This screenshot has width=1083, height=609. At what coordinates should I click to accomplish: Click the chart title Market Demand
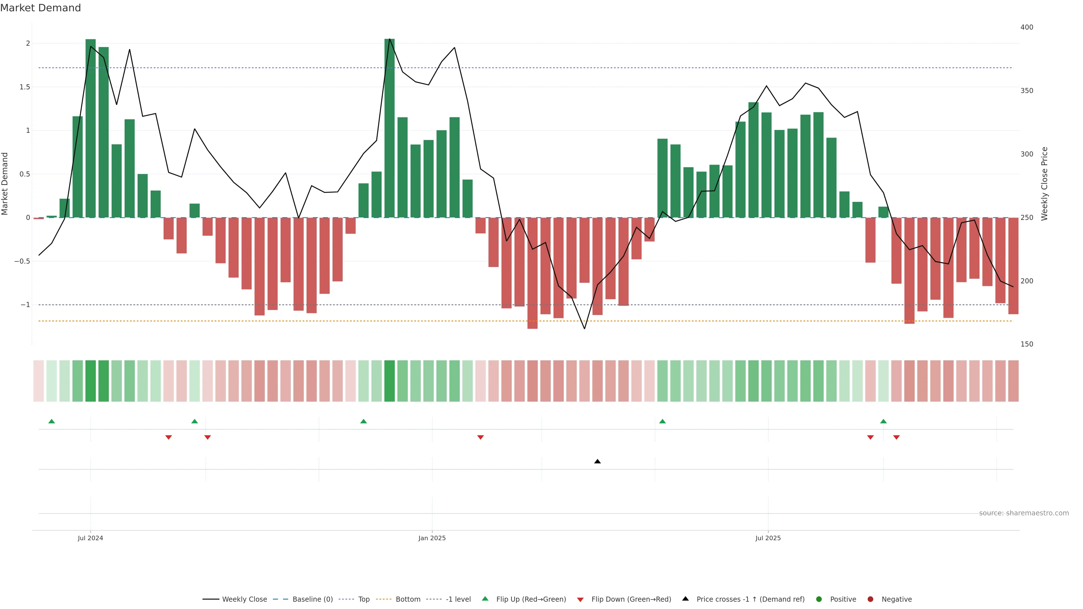[x=40, y=8]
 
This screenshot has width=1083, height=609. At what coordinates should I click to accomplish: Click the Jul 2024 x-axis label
[x=90, y=538]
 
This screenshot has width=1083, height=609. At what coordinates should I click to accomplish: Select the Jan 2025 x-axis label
[x=432, y=538]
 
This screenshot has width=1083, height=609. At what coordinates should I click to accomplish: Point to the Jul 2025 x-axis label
[x=768, y=538]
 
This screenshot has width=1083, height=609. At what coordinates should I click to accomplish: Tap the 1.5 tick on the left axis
[x=25, y=87]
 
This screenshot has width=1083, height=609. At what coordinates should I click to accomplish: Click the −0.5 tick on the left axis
[x=22, y=261]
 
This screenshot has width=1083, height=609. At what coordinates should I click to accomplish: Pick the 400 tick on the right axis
[x=1026, y=27]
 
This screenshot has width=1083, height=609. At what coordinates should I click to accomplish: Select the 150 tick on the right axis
[x=1026, y=344]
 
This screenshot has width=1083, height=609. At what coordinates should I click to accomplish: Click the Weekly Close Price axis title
[x=1044, y=184]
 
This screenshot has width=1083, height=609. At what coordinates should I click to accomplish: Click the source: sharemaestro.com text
[x=1024, y=513]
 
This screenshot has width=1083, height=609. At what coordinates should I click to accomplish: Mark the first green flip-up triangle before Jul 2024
[x=52, y=421]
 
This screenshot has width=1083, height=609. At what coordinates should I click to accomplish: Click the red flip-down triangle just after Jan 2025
[x=481, y=438]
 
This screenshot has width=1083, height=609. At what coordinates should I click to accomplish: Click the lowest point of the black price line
[x=584, y=329]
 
